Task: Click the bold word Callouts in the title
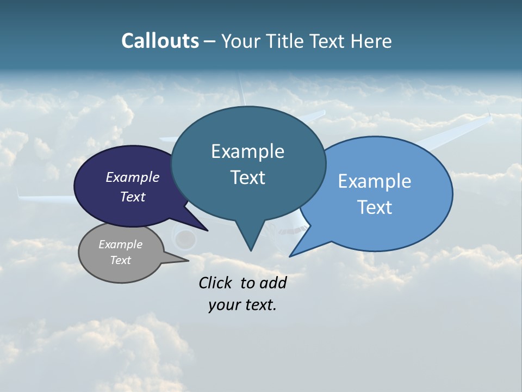160,41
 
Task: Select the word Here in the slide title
371,41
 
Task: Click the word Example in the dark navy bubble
133,177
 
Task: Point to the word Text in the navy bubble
133,197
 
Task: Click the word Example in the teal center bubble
247,151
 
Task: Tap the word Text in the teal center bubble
247,177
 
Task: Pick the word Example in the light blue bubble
375,181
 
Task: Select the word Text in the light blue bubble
375,207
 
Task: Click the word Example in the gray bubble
121,244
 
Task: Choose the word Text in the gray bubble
121,260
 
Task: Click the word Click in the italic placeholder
215,283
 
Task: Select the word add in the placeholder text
273,283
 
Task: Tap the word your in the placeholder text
223,305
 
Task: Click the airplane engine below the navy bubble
185,238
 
